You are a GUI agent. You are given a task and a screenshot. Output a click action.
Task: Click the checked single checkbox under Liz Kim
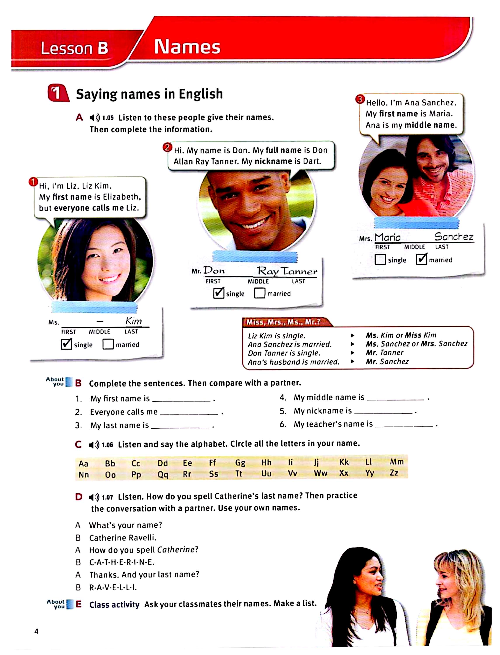click(x=66, y=344)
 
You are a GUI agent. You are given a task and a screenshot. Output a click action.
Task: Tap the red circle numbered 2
click(x=168, y=147)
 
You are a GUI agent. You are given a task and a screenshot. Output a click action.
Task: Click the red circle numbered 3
click(x=360, y=99)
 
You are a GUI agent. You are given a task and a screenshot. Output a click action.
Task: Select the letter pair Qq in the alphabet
click(x=163, y=474)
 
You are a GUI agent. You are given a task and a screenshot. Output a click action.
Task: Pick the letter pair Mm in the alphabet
click(x=397, y=462)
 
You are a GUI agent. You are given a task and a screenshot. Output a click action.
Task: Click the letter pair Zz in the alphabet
click(x=394, y=473)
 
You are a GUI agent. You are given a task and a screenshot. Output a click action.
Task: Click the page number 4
click(x=36, y=631)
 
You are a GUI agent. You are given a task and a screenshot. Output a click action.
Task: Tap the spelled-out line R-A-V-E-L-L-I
click(x=113, y=588)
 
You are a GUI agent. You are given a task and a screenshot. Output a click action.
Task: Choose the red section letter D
click(x=79, y=497)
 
